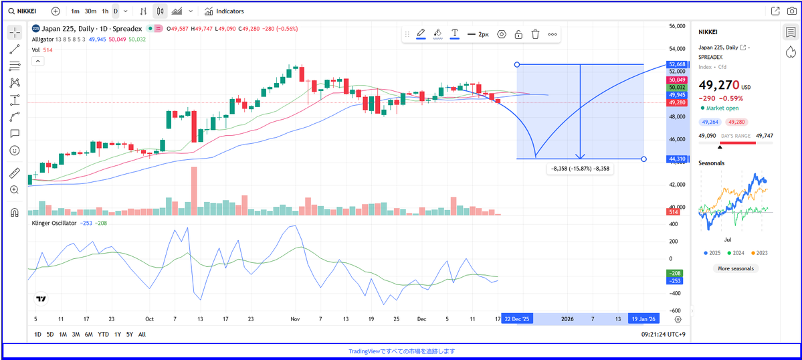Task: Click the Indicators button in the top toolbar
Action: click(224, 11)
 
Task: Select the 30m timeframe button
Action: click(91, 11)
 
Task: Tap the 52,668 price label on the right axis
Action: click(676, 64)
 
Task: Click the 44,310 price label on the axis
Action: click(676, 159)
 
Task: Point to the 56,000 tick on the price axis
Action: click(677, 25)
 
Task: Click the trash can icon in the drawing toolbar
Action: click(536, 34)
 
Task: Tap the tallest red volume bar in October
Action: click(194, 191)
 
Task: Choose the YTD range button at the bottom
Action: click(103, 334)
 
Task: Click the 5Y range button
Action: click(129, 334)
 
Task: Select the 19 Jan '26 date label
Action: click(644, 319)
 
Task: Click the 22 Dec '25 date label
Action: click(518, 319)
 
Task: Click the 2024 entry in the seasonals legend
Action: click(736, 253)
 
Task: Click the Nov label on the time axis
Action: click(295, 319)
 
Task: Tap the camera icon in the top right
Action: click(791, 11)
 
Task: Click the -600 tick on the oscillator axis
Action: click(676, 310)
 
